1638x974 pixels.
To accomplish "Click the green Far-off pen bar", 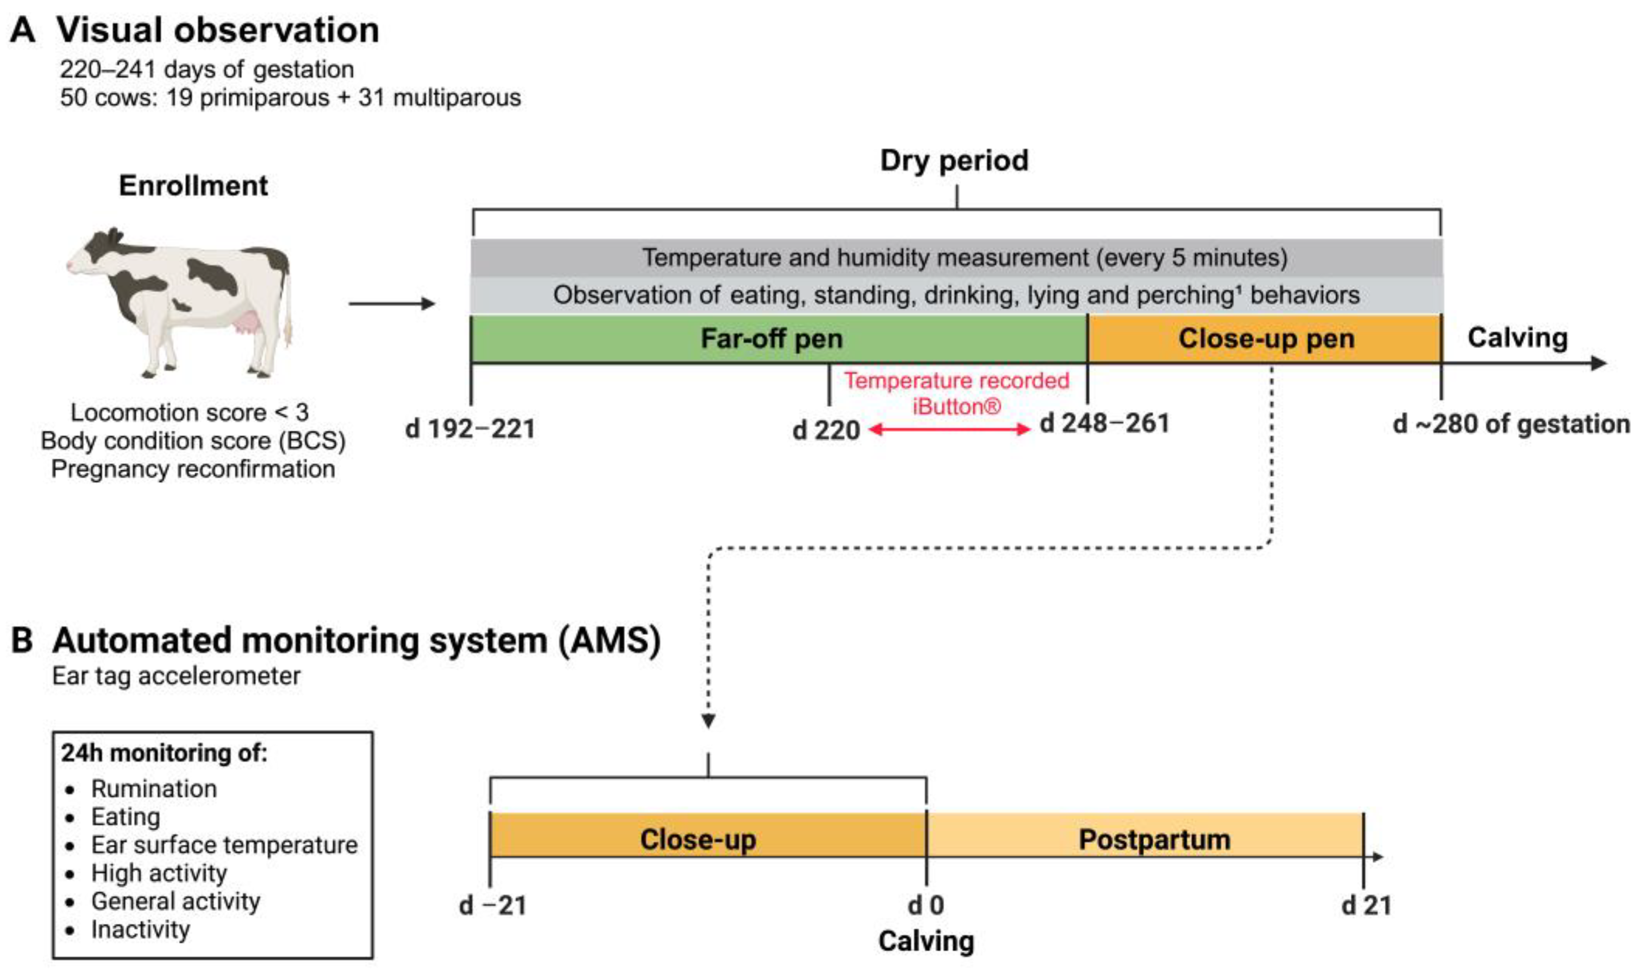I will (778, 339).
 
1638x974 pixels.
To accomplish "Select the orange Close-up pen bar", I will (1265, 339).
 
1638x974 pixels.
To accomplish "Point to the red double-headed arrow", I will (949, 430).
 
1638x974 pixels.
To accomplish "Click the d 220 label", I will (826, 431).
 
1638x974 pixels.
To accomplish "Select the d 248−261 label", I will (1105, 423).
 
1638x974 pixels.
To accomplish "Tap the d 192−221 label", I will (470, 429).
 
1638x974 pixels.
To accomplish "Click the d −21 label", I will (492, 905).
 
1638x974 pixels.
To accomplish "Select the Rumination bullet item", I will (153, 788).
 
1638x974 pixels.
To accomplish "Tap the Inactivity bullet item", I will (141, 930).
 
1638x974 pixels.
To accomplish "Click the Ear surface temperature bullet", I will (224, 845).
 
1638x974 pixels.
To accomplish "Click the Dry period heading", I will (954, 161).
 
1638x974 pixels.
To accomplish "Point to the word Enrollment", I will (193, 186).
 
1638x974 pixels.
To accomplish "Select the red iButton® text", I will (957, 407).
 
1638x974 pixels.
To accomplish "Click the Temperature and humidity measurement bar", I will (957, 257).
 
